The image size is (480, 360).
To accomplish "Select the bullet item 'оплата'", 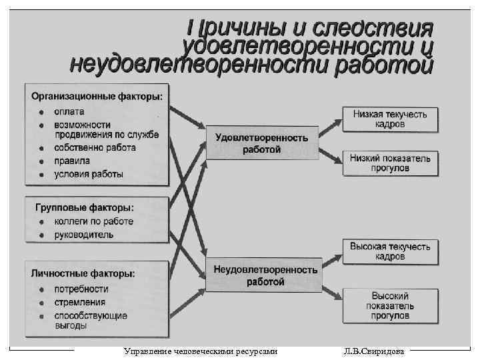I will pyautogui.click(x=69, y=111).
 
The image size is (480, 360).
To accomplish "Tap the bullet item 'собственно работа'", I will pyautogui.click(x=95, y=147).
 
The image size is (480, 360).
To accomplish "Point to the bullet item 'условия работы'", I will pyautogui.click(x=89, y=174).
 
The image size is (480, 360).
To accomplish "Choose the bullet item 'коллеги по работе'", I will pyautogui.click(x=93, y=221).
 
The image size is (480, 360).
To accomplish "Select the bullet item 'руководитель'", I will pyautogui.click(x=84, y=235).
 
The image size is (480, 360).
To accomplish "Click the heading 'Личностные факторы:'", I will pyautogui.click(x=83, y=273).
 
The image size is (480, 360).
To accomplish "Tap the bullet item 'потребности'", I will pyautogui.click(x=81, y=289).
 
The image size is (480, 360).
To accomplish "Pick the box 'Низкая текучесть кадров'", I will pyautogui.click(x=390, y=119).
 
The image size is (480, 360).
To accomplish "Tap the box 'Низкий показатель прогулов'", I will pyautogui.click(x=390, y=163).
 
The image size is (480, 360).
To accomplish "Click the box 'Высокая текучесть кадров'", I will pyautogui.click(x=390, y=251).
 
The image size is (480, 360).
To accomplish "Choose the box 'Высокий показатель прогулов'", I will pyautogui.click(x=390, y=306).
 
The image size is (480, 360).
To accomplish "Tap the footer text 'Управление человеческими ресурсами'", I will pyautogui.click(x=200, y=351).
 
